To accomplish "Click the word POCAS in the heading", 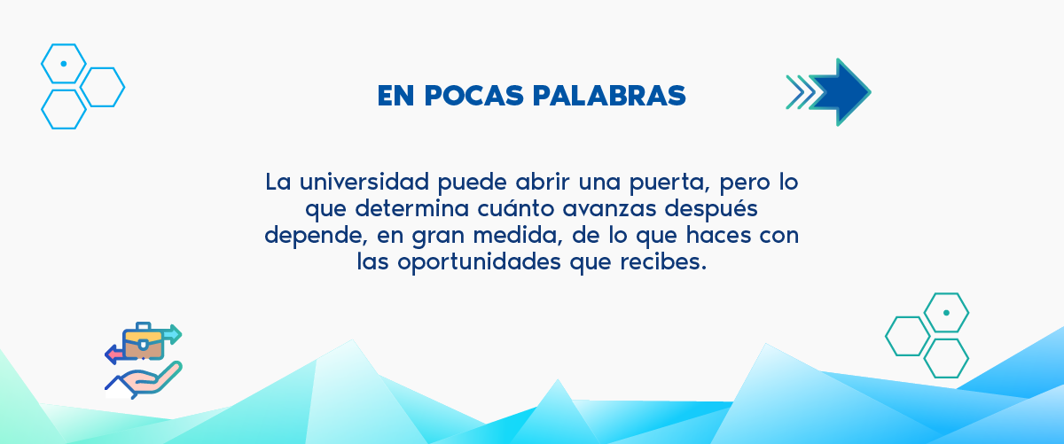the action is [x=474, y=96].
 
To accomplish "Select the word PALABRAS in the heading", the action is [x=609, y=96].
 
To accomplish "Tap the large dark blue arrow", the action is [x=840, y=92].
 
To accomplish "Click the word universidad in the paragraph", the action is [x=364, y=182].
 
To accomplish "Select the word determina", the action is [x=412, y=208].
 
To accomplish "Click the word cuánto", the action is [x=516, y=208].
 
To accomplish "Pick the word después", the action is [x=711, y=209].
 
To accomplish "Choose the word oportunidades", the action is [x=480, y=262].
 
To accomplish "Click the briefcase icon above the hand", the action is [x=143, y=341].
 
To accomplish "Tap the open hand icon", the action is [x=144, y=380].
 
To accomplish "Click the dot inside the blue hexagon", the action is [x=64, y=64].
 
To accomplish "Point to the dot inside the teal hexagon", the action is [x=946, y=313].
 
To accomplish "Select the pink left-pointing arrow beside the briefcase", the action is [x=114, y=354].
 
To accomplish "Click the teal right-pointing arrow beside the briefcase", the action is [x=172, y=334].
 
